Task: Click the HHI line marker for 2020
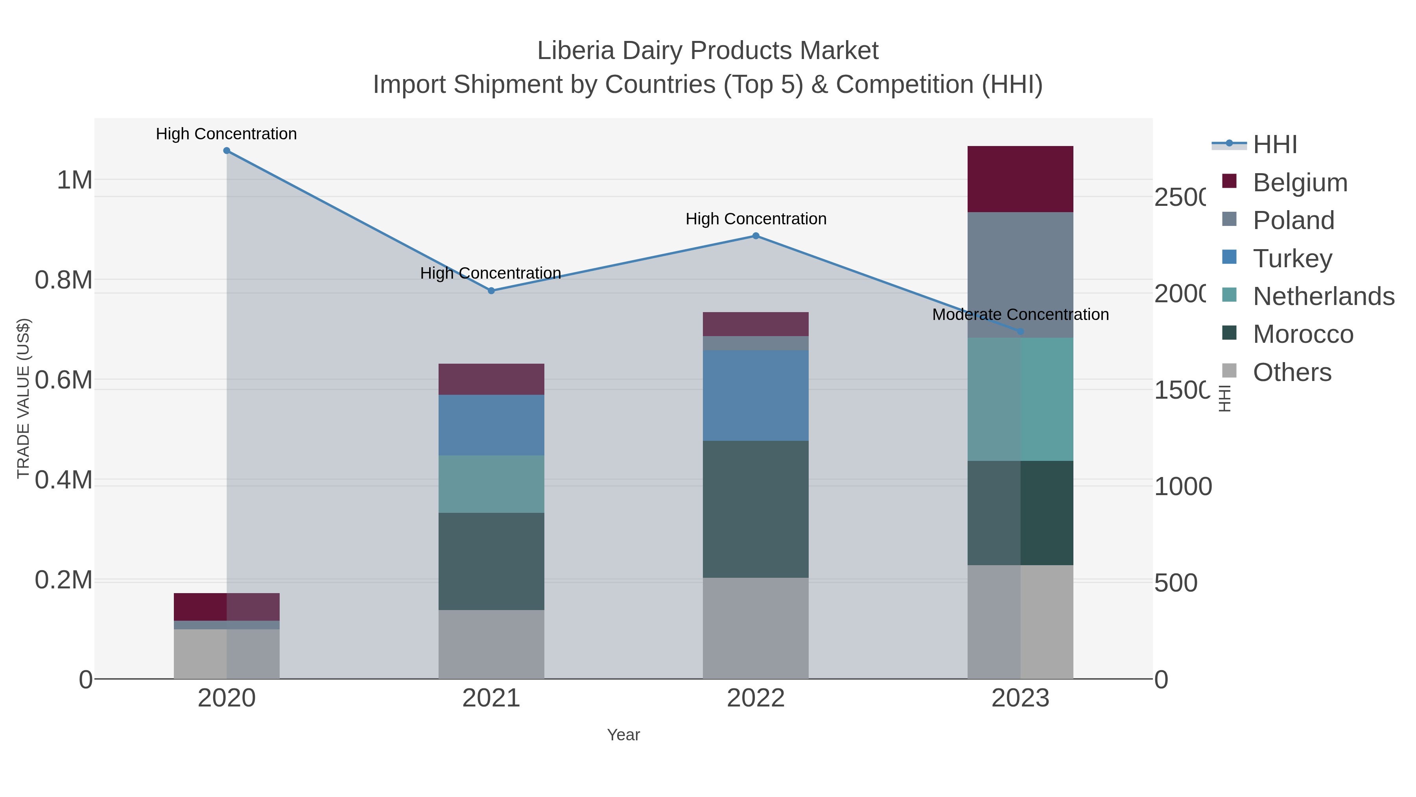227,151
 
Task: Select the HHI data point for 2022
756,236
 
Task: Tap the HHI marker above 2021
491,290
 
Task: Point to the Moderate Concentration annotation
1020,314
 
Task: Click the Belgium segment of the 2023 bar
1020,179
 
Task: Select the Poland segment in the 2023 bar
1020,275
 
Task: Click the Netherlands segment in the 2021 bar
491,484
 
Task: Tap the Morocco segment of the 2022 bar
756,509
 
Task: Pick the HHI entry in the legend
1275,145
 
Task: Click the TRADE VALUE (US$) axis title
23,398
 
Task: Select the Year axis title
623,735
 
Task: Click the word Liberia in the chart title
575,51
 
